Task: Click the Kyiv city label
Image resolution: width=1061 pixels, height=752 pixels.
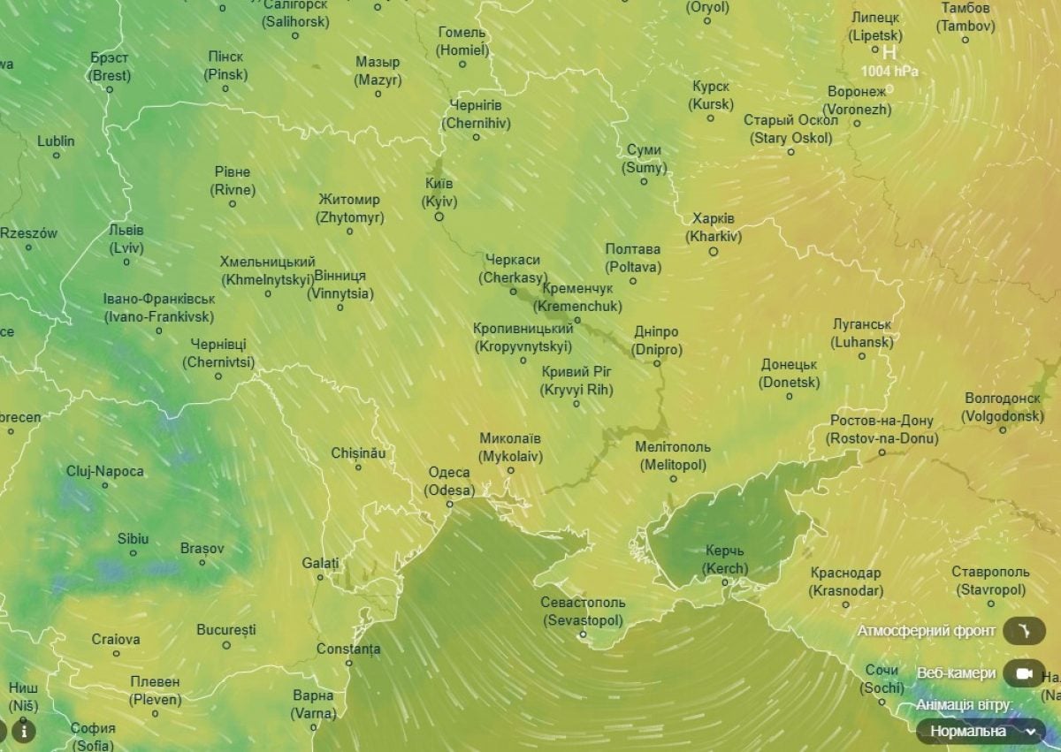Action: point(439,193)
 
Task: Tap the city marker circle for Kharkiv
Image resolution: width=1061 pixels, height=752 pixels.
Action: point(714,251)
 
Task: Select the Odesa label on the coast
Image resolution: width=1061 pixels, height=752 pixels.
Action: point(449,482)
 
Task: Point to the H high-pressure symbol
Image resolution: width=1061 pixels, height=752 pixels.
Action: point(889,53)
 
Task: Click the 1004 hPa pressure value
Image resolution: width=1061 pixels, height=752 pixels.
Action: point(889,72)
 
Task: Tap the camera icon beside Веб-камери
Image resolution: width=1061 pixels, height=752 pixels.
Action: point(1024,673)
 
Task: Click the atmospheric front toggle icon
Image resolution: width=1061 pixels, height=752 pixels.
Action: point(1024,632)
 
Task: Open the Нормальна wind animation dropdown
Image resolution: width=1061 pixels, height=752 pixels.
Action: point(980,731)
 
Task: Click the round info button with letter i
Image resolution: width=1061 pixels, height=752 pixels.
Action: point(24,731)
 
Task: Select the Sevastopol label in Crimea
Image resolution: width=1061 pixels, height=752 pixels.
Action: point(583,611)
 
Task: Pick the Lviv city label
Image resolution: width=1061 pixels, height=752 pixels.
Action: point(126,239)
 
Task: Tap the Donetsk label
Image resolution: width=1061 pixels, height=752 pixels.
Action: point(789,374)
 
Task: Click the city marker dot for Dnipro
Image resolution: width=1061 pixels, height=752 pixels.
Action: point(657,363)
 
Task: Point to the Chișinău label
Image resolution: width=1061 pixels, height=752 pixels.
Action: point(358,453)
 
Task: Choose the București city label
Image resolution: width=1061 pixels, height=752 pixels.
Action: point(226,630)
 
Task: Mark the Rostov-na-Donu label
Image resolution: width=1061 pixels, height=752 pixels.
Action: point(882,429)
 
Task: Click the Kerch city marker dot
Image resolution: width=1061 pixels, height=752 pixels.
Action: point(725,581)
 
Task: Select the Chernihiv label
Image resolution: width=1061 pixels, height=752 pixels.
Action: point(476,114)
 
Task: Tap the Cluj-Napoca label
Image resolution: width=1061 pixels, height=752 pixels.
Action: point(104,471)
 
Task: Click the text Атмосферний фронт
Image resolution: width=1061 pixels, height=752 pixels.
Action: point(927,631)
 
